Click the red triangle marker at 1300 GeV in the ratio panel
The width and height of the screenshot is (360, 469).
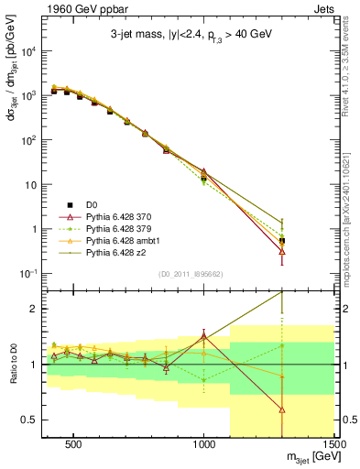282,410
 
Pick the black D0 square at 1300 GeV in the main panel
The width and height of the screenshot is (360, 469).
282,240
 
